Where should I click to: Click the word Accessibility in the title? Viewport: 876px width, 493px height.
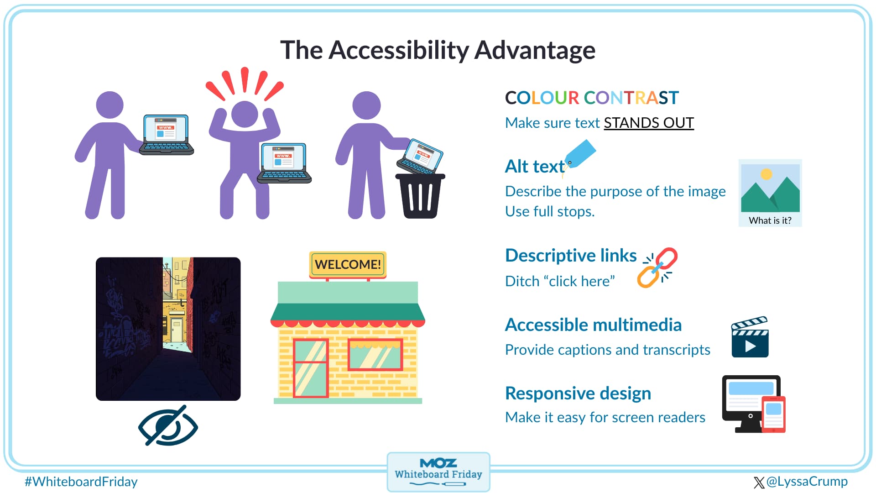pyautogui.click(x=398, y=50)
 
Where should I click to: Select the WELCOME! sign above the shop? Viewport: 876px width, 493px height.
pyautogui.click(x=348, y=264)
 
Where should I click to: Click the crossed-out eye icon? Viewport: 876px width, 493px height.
pyautogui.click(x=168, y=425)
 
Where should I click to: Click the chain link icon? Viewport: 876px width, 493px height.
pyautogui.click(x=657, y=267)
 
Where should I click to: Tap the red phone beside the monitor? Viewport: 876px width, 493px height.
pyautogui.click(x=773, y=414)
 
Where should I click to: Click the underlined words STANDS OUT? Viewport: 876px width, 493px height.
pyautogui.click(x=649, y=123)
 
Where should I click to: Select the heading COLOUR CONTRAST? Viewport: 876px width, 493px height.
pyautogui.click(x=592, y=98)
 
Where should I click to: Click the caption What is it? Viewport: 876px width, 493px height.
pyautogui.click(x=770, y=220)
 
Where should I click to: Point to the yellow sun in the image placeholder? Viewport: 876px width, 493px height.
pyautogui.click(x=766, y=174)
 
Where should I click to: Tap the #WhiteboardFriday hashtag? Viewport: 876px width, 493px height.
pyautogui.click(x=81, y=482)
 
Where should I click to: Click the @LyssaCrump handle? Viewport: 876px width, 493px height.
pyautogui.click(x=807, y=481)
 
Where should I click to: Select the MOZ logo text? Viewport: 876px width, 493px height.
pyautogui.click(x=438, y=463)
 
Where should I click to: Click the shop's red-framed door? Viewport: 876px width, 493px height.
pyautogui.click(x=311, y=368)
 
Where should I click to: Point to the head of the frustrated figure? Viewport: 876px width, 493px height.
pyautogui.click(x=245, y=114)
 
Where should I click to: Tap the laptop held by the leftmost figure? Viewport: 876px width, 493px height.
pyautogui.click(x=167, y=135)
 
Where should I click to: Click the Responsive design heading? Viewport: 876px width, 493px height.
pyautogui.click(x=578, y=393)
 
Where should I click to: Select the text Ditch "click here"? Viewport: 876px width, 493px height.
pyautogui.click(x=560, y=281)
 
